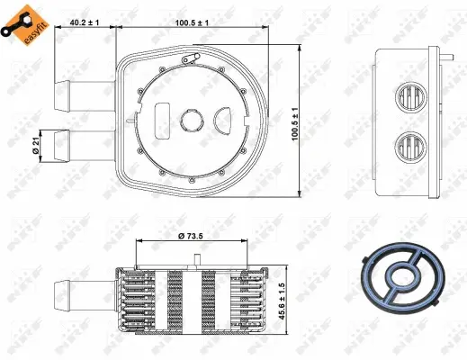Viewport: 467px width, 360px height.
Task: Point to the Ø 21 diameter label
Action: pyautogui.click(x=34, y=144)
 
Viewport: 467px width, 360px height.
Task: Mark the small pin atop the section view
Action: pyautogui.click(x=195, y=260)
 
